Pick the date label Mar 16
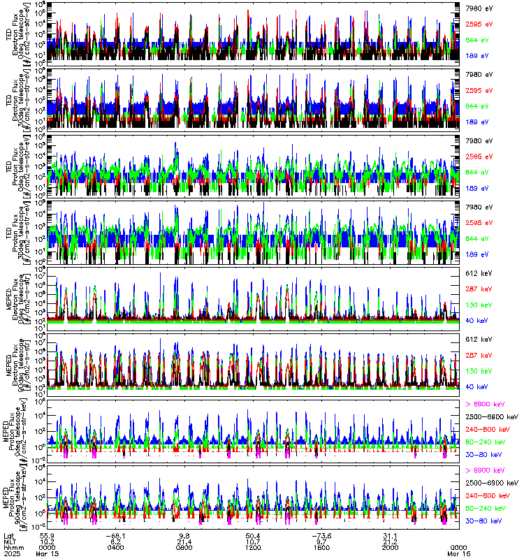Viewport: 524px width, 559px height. click(458, 553)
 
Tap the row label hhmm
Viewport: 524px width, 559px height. click(12, 547)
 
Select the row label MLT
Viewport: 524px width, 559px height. click(10, 542)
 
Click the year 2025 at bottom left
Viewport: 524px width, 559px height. click(12, 553)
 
